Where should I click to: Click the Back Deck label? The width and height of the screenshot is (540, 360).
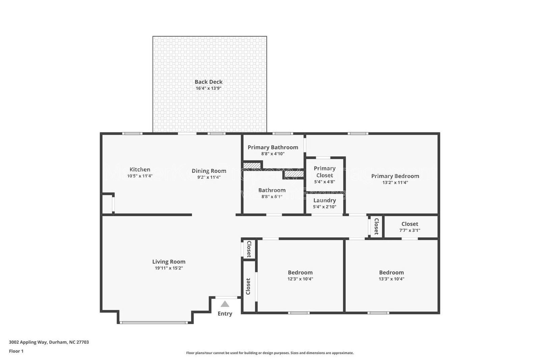(208, 82)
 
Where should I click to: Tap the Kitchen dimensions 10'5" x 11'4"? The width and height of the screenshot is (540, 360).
(140, 176)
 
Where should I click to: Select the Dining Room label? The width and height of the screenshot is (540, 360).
(209, 171)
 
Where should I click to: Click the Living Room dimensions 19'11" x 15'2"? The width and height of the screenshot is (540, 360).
(169, 268)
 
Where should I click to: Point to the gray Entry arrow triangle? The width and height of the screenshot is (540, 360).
(225, 304)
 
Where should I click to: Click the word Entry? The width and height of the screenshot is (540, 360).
(225, 314)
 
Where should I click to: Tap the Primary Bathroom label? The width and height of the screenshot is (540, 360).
(273, 147)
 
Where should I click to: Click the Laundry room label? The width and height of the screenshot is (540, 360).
(324, 200)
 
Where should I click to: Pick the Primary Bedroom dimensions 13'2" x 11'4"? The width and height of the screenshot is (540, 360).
(395, 182)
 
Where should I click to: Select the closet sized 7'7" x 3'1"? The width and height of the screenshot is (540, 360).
(410, 227)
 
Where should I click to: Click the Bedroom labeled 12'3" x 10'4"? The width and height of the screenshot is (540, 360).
(300, 275)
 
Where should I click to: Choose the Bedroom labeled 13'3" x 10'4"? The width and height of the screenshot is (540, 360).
(391, 275)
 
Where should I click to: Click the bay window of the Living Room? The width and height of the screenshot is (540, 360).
(154, 323)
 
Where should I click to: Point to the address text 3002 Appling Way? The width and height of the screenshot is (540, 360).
(49, 342)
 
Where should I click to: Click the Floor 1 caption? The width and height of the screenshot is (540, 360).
(16, 351)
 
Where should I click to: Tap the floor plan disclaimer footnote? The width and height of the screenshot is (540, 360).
(270, 353)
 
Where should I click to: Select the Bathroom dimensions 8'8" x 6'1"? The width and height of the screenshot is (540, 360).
(272, 197)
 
